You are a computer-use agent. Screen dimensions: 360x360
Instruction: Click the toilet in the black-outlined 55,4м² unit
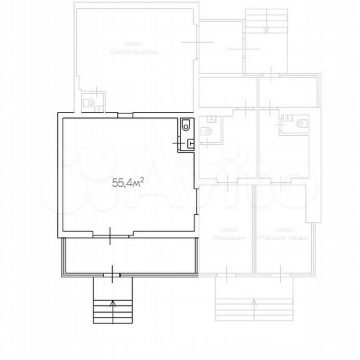point(186,125)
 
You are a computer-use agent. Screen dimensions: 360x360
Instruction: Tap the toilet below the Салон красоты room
point(89,103)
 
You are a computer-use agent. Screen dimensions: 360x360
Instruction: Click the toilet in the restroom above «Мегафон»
point(207,130)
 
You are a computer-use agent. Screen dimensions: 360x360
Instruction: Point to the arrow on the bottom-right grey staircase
point(253,303)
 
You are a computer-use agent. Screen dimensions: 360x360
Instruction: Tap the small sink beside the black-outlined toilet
point(190,141)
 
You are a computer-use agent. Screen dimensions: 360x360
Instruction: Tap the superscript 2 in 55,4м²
point(143,177)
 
